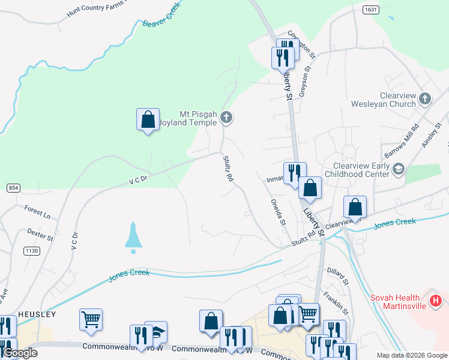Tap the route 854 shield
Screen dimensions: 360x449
click(x=13, y=188)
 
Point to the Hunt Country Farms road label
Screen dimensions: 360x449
click(x=96, y=8)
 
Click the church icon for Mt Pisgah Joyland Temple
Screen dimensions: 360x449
click(x=226, y=116)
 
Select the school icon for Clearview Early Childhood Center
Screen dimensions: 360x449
click(x=398, y=170)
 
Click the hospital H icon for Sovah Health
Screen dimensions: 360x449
click(x=436, y=299)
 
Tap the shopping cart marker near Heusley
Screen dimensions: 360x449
click(x=91, y=319)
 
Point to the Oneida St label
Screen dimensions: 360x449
click(x=278, y=212)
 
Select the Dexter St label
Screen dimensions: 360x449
click(x=40, y=233)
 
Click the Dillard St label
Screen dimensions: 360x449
click(x=338, y=276)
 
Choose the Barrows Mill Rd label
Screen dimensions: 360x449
click(x=401, y=142)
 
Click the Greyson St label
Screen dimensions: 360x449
click(x=306, y=79)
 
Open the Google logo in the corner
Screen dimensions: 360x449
click(x=20, y=353)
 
